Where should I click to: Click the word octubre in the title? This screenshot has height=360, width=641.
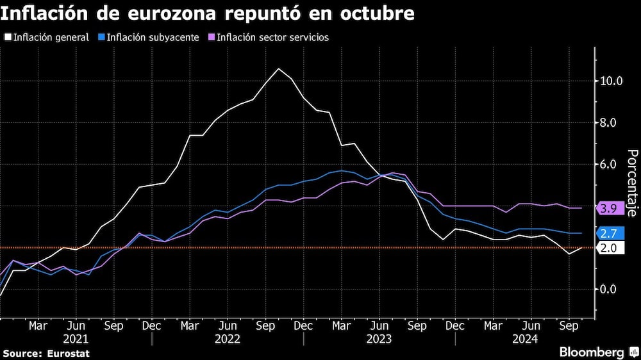378,13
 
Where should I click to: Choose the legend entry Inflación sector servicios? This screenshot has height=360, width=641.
272,37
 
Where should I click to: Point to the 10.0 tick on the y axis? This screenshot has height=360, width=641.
611,81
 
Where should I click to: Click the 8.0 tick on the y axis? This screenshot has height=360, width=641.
611,122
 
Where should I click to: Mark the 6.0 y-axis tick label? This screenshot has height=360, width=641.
611,164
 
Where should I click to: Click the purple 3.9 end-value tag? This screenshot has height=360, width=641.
608,208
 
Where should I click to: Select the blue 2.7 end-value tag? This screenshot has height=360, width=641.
608,233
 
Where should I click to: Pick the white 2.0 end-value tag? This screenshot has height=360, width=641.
608,248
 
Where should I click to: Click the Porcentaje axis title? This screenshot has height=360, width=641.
631,183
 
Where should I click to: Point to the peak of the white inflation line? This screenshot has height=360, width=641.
278,69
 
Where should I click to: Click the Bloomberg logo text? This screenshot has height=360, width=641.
592,352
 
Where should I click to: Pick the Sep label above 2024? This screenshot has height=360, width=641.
567,325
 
